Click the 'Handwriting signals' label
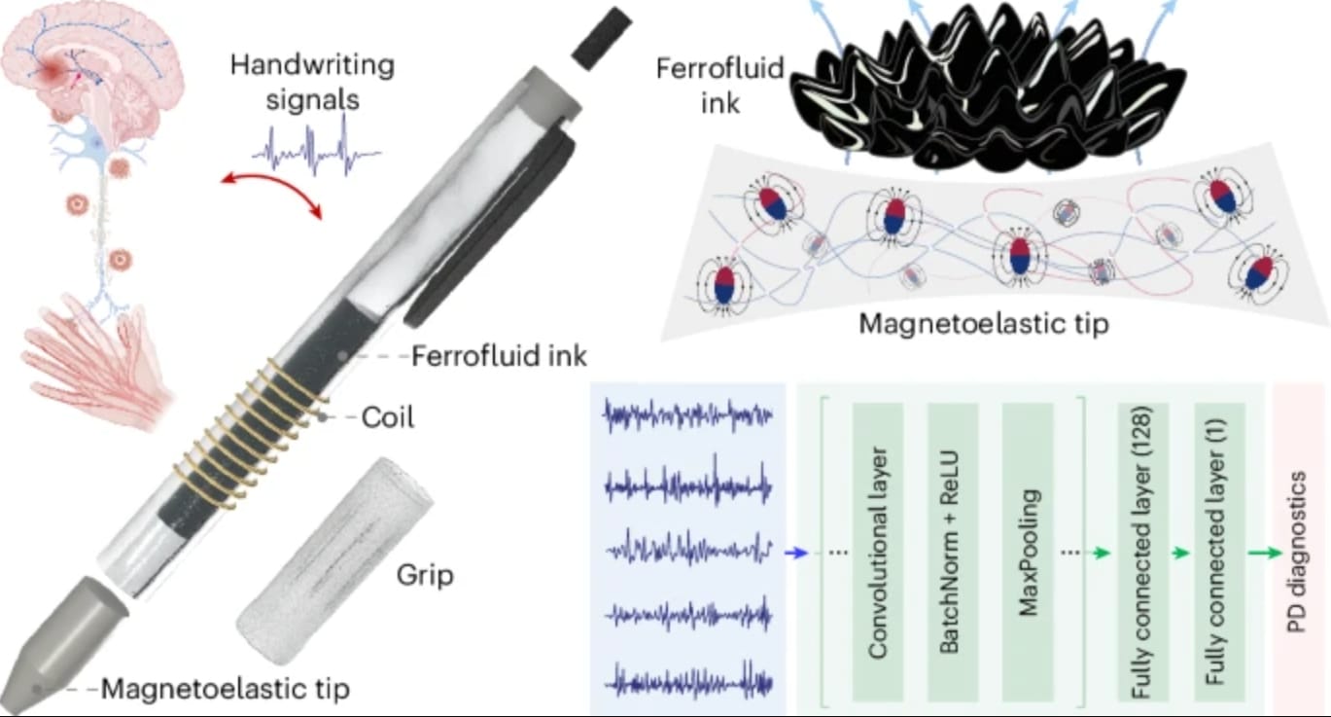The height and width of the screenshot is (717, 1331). [x=312, y=82]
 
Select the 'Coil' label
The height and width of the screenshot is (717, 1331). [x=388, y=417]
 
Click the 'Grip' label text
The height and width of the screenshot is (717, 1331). [x=425, y=575]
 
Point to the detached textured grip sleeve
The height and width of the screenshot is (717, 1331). [x=334, y=560]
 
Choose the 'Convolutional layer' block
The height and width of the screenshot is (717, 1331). [x=878, y=553]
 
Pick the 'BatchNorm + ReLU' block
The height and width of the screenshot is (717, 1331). [x=952, y=553]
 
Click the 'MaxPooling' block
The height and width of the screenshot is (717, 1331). [x=1028, y=553]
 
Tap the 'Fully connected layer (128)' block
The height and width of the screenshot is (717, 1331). [x=1142, y=553]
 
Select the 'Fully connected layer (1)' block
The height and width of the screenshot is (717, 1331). [x=1219, y=553]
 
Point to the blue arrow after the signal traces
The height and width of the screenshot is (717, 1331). [x=796, y=553]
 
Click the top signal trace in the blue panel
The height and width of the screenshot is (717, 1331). [x=688, y=415]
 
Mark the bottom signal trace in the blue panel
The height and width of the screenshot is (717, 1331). [x=688, y=682]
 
